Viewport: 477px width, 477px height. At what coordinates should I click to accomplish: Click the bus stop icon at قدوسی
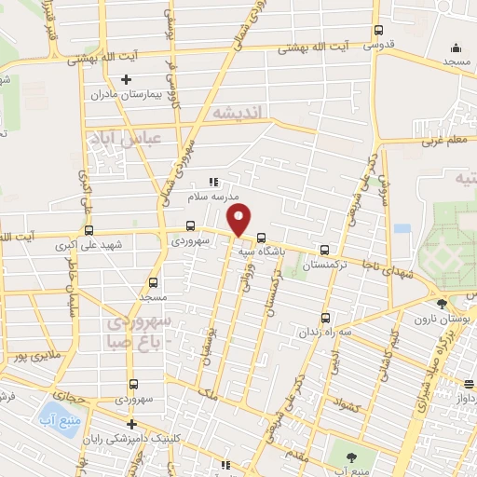[377, 28]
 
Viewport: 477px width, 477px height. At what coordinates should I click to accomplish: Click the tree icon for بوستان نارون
[442, 303]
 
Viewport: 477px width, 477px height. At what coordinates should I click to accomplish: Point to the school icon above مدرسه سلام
[212, 181]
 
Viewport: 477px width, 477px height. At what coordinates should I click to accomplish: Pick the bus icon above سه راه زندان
[324, 317]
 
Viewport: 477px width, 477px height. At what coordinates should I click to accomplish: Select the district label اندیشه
[239, 112]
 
